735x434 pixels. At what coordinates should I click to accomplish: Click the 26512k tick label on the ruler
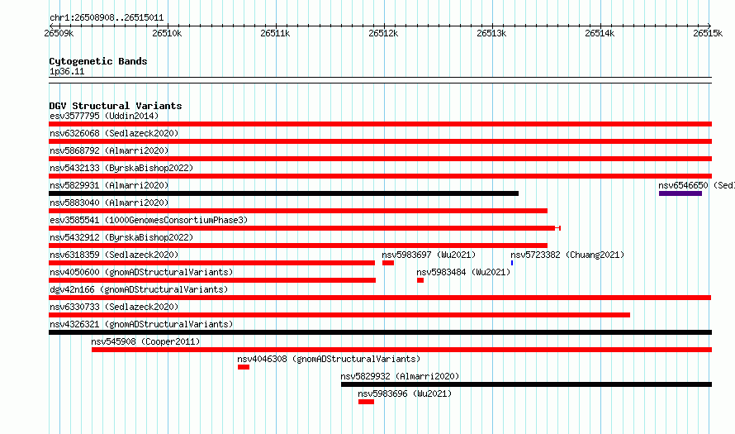point(383,33)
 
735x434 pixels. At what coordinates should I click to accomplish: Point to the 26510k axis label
point(167,33)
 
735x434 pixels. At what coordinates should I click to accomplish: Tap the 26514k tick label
point(600,33)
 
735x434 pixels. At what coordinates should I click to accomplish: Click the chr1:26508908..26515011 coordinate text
point(107,18)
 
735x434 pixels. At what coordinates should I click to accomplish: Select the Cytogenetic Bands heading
point(98,61)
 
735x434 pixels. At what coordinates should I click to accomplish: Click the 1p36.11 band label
point(67,71)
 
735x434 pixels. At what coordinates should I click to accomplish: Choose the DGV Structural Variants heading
point(116,106)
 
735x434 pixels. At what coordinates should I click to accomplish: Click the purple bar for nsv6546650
point(680,193)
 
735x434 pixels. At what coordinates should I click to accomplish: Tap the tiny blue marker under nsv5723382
point(512,263)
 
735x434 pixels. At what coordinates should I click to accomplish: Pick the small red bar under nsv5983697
point(388,263)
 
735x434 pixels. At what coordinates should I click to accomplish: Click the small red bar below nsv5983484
point(420,280)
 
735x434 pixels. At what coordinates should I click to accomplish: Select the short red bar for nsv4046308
point(244,367)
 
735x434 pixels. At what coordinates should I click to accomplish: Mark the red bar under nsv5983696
point(366,402)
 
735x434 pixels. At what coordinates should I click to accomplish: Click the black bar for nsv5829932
point(526,384)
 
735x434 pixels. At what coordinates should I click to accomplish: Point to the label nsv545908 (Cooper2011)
point(145,341)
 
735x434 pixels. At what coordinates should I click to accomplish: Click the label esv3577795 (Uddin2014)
point(104,116)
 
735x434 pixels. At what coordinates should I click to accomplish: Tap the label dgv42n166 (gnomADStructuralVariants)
point(139,289)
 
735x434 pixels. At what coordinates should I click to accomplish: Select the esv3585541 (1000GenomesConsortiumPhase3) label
point(149,220)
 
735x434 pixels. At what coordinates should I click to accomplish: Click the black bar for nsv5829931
point(283,193)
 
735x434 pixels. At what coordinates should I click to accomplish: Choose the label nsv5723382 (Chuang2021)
point(567,255)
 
